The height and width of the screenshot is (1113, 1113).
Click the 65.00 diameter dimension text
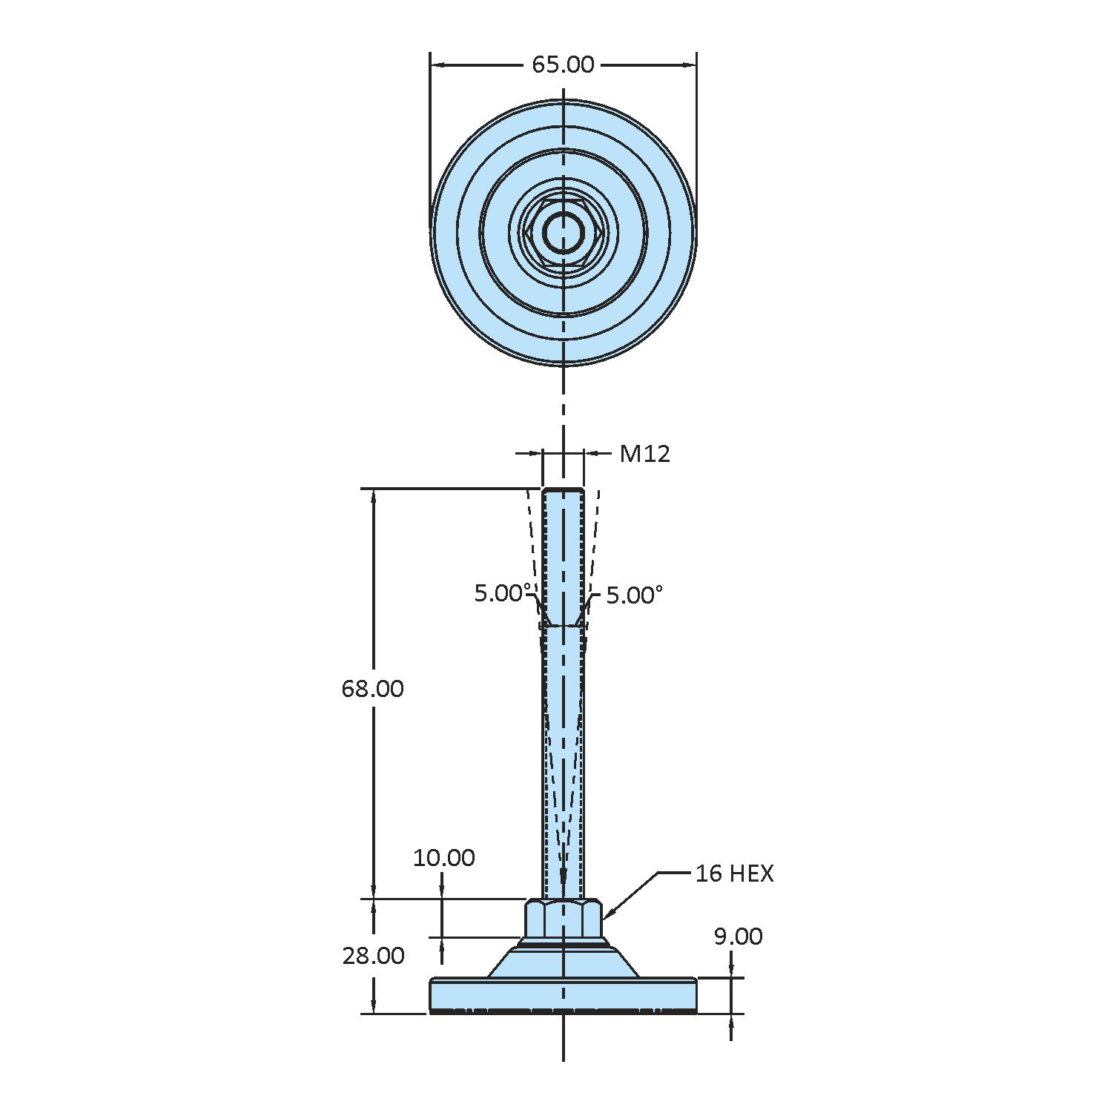point(563,65)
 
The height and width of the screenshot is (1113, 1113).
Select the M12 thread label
point(644,453)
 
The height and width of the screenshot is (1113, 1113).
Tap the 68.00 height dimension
point(372,689)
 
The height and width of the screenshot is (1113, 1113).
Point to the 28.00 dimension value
point(373,956)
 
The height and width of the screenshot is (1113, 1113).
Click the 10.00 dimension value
point(443,858)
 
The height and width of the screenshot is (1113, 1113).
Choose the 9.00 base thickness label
point(737,937)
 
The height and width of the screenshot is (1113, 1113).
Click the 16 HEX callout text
point(734,873)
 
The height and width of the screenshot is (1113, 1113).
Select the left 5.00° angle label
point(502,593)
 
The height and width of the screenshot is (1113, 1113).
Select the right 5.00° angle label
point(634,595)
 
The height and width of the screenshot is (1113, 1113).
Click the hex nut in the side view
point(563,919)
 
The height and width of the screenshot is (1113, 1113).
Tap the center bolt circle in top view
point(563,233)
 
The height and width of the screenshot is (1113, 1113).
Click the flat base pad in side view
point(563,995)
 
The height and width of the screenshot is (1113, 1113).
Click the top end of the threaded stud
point(563,492)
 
